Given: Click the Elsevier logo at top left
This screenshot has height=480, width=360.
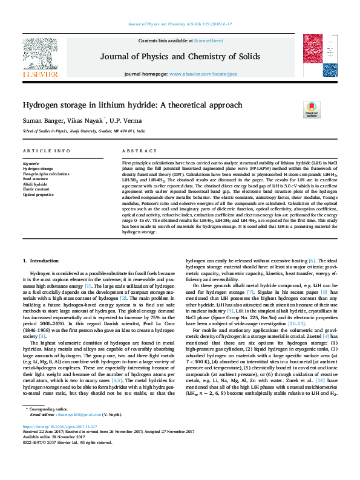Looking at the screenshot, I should coord(41,58).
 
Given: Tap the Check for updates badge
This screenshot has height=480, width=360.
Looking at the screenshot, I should coord(311,109).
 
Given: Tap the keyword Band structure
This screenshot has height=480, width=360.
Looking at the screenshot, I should coord(36,179).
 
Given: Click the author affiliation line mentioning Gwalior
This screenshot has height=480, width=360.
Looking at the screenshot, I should coord(84,131).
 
